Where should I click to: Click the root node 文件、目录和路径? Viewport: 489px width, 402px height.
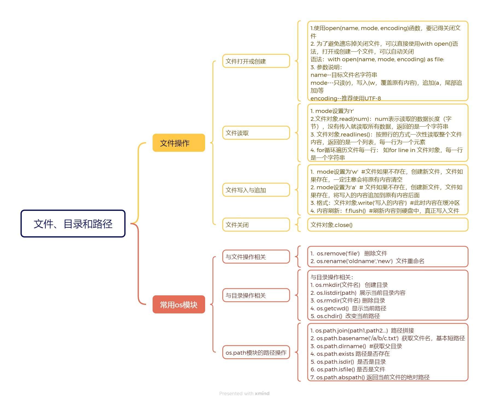pos(73,223)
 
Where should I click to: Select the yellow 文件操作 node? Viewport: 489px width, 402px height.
pos(179,143)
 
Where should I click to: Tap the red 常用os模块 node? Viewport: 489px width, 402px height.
pos(179,304)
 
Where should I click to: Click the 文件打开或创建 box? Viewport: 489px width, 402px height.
pos(256,61)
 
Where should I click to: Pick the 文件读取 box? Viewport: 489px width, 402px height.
pos(256,133)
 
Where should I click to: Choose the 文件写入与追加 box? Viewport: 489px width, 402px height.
pos(256,190)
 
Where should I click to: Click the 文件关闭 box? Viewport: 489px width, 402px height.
pos(256,225)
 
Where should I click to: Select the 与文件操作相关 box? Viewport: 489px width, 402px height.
pos(256,257)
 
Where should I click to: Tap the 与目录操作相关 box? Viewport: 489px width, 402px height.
pos(256,295)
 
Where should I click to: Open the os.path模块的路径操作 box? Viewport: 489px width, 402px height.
pos(256,353)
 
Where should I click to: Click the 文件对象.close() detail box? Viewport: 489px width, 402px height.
pos(387,225)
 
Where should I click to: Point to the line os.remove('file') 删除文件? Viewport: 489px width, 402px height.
pos(349,253)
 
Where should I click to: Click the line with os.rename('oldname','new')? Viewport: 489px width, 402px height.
pos(367,261)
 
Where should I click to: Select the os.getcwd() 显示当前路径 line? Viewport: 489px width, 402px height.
pos(348,308)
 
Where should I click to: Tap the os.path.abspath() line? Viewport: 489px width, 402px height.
pos(370,377)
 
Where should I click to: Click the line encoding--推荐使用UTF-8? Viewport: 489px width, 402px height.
pos(345,98)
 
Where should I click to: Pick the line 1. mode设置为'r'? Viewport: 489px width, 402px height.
pos(332,111)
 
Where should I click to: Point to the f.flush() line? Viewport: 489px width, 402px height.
pos(385,211)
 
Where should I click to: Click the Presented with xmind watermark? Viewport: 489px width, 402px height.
pos(244,393)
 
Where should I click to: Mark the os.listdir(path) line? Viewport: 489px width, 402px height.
pos(358,293)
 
